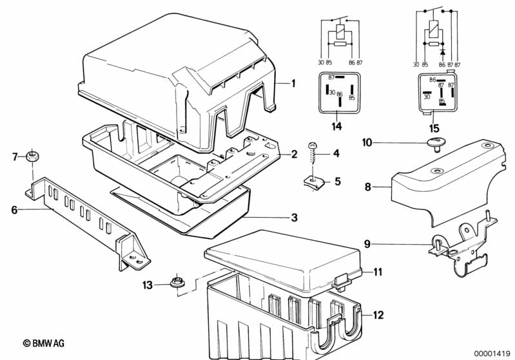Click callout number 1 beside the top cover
click(293, 84)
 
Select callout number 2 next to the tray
click(294, 154)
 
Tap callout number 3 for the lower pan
click(294, 218)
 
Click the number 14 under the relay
click(336, 127)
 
